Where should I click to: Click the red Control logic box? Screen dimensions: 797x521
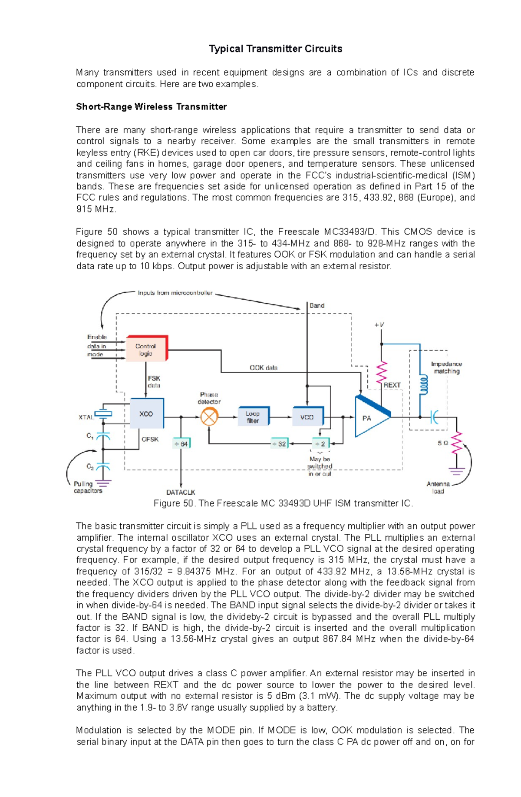pyautogui.click(x=146, y=349)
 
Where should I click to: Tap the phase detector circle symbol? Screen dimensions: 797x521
pyautogui.click(x=209, y=417)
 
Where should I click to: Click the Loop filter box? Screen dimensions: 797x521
pyautogui.click(x=253, y=417)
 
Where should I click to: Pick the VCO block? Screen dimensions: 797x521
pyautogui.click(x=307, y=417)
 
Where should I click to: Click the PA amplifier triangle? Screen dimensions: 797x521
pyautogui.click(x=369, y=417)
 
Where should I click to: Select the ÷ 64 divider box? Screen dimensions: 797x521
pyautogui.click(x=181, y=443)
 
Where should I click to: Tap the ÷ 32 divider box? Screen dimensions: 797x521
pyautogui.click(x=279, y=443)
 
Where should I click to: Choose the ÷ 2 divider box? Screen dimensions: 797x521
pyautogui.click(x=320, y=443)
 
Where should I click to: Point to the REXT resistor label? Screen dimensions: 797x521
pyautogui.click(x=392, y=385)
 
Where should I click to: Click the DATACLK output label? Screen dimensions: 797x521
pyautogui.click(x=181, y=492)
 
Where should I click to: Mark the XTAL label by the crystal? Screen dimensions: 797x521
pyautogui.click(x=86, y=417)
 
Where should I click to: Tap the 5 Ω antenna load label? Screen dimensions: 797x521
pyautogui.click(x=443, y=443)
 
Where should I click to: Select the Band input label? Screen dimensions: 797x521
pyautogui.click(x=317, y=305)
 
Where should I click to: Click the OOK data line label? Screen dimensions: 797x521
pyautogui.click(x=263, y=367)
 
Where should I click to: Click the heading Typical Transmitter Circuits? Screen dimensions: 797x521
pyautogui.click(x=275, y=49)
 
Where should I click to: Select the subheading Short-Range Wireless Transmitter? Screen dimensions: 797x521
pyautogui.click(x=151, y=107)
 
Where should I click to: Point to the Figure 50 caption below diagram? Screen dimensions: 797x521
pyautogui.click(x=283, y=503)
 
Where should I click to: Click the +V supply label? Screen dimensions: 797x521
pyautogui.click(x=379, y=324)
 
